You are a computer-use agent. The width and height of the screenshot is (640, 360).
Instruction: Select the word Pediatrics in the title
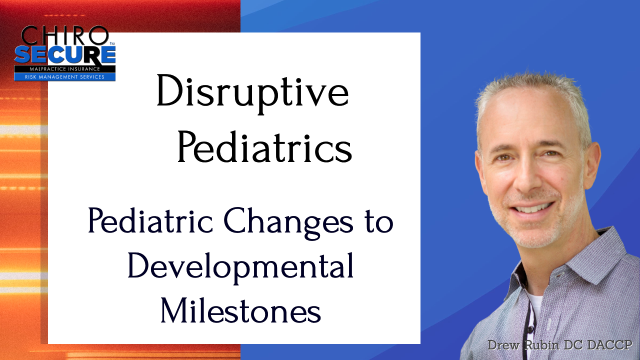pos(265,147)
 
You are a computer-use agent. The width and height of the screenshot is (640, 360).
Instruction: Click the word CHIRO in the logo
pos(64,35)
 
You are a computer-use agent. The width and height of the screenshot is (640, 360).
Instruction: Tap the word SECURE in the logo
pos(65,55)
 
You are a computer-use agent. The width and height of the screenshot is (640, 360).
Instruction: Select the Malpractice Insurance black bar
pos(65,69)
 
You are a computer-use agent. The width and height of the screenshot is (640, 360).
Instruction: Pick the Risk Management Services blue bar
pos(65,76)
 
